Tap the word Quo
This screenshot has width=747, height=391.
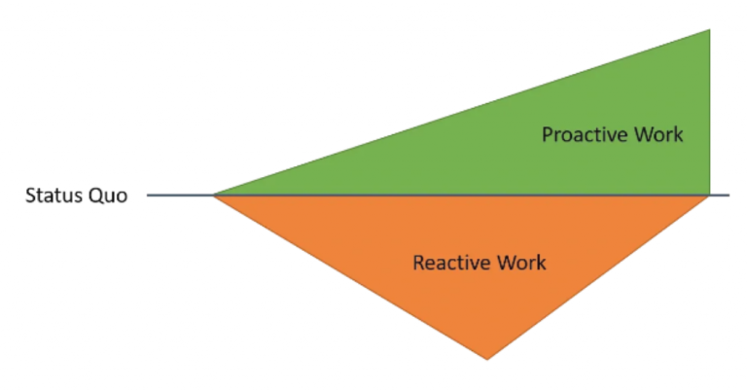click(110, 196)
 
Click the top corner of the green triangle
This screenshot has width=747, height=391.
click(709, 30)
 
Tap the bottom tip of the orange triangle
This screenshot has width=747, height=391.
click(486, 359)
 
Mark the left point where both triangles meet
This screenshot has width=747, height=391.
click(214, 195)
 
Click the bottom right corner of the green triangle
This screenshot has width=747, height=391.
click(709, 195)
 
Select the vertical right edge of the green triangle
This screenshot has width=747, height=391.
click(709, 112)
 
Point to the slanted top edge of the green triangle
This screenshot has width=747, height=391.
click(462, 113)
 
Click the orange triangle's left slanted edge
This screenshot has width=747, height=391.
click(350, 277)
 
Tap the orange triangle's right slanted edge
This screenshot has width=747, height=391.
click(598, 277)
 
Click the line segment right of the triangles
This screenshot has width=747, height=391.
click(720, 195)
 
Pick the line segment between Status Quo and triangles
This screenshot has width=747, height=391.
click(180, 195)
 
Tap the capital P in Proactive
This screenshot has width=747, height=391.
click(547, 134)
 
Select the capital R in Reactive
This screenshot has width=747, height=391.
click(418, 263)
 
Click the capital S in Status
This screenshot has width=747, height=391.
click(30, 196)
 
